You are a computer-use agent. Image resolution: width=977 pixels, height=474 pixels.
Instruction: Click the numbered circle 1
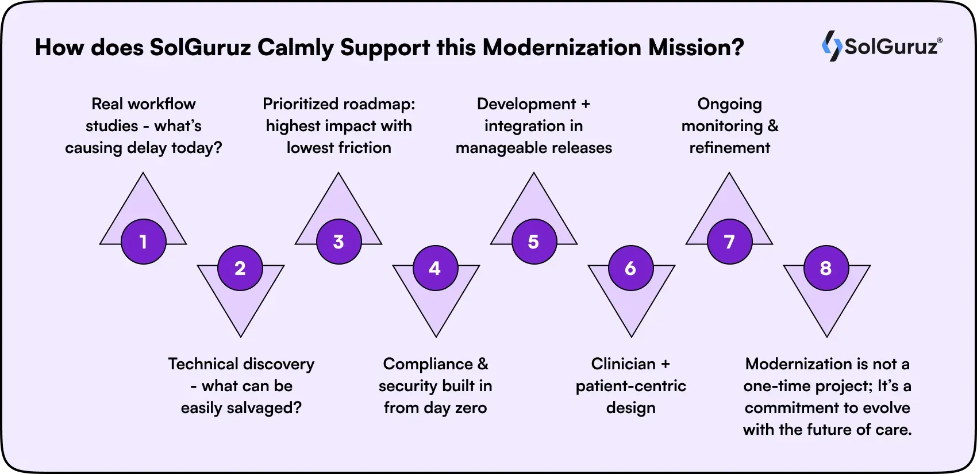[144, 242]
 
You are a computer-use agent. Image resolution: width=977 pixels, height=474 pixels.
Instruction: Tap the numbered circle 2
[240, 268]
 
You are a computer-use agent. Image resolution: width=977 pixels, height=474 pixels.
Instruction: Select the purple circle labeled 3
[339, 242]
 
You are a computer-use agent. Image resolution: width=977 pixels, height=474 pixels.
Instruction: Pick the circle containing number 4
[435, 268]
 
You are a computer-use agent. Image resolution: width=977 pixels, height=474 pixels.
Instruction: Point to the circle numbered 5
[534, 242]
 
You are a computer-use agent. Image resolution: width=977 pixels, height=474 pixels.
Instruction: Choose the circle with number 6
[630, 268]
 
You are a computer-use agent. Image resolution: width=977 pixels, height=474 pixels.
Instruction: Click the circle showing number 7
[729, 242]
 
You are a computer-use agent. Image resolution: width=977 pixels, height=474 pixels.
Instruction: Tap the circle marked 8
[826, 268]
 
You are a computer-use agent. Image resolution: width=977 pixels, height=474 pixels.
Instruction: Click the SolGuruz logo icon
[832, 46]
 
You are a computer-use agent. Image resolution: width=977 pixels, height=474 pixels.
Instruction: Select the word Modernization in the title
[561, 47]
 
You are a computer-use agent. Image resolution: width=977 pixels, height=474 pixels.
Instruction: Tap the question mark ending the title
[738, 47]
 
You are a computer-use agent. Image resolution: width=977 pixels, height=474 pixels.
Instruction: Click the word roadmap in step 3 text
[376, 104]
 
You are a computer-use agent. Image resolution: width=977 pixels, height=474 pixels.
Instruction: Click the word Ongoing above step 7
[729, 104]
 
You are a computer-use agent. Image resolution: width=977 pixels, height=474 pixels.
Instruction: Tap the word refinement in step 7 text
[729, 148]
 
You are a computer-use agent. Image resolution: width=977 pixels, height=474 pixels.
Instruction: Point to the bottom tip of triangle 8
[826, 335]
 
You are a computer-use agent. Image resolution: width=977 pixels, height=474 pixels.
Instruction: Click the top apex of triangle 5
[534, 174]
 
